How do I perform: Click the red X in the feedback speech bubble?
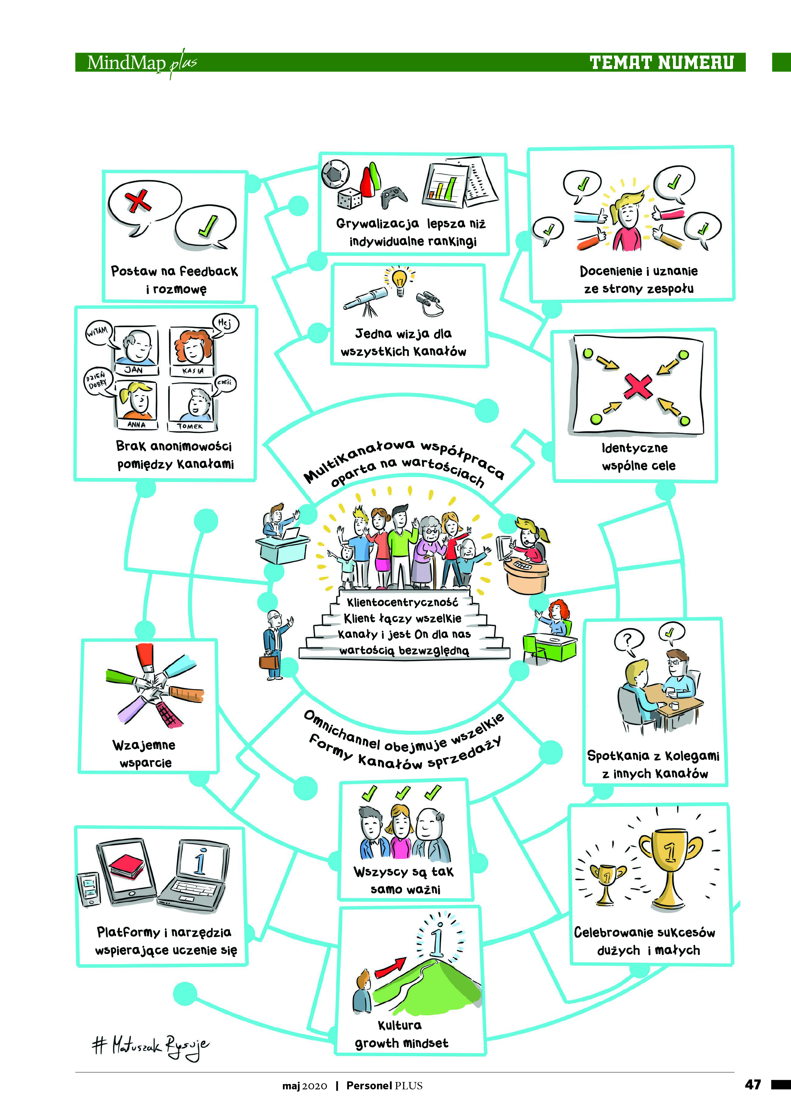[x=138, y=201]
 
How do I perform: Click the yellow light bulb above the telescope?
[x=400, y=279]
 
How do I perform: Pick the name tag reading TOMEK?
[x=190, y=426]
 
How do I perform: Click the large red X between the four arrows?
[x=638, y=386]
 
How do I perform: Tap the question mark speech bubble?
[x=628, y=639]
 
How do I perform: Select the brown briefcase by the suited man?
[x=269, y=662]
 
